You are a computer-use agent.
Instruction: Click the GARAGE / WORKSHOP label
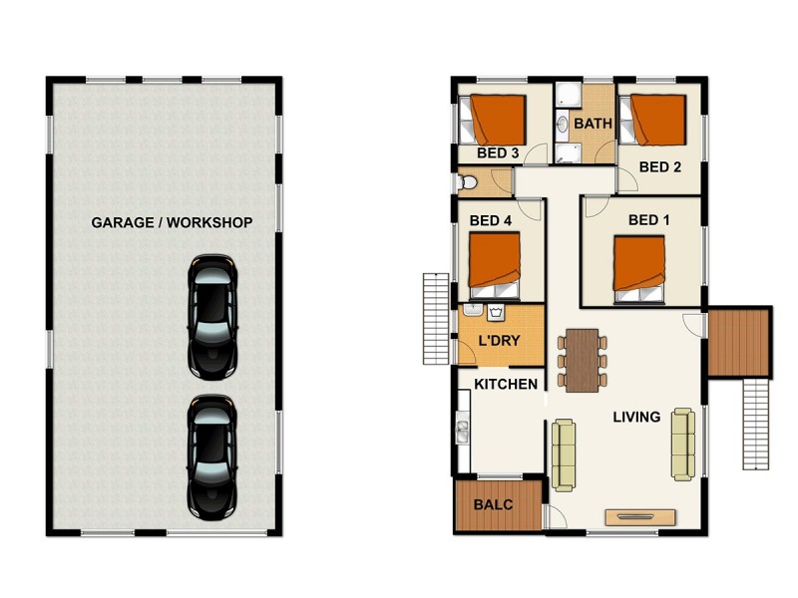click(172, 222)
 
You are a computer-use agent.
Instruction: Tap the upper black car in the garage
click(211, 317)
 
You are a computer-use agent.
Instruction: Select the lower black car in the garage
click(211, 455)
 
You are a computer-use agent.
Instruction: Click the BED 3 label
click(497, 153)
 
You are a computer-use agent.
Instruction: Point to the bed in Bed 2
click(657, 120)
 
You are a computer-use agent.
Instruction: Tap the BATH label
click(593, 125)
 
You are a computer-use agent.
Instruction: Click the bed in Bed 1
click(639, 266)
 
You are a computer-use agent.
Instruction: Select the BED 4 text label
click(490, 219)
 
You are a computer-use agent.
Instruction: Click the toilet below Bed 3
click(470, 183)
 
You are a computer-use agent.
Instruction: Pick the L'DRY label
click(500, 341)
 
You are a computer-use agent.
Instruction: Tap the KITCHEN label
click(506, 385)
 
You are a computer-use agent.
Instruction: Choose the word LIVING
click(636, 417)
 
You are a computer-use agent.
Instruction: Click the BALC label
click(493, 504)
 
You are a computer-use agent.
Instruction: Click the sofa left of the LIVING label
click(564, 453)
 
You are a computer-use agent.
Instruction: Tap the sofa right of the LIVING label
click(683, 443)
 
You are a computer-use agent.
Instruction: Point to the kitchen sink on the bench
click(463, 431)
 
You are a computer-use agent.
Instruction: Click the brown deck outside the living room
click(738, 341)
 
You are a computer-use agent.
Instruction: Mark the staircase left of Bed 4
click(437, 318)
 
